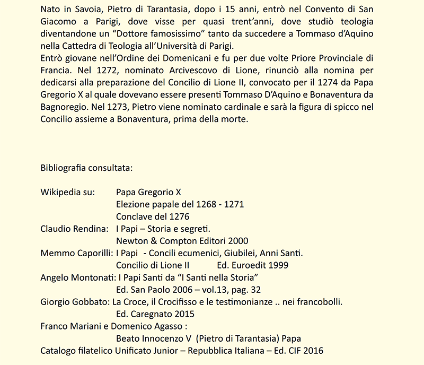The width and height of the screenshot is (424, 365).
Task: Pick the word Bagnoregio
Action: (x=65, y=107)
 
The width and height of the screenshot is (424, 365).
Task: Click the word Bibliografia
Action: (x=65, y=168)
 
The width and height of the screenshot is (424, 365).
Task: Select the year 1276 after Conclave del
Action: (x=179, y=216)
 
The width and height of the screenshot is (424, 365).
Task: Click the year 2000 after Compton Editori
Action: (x=237, y=241)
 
